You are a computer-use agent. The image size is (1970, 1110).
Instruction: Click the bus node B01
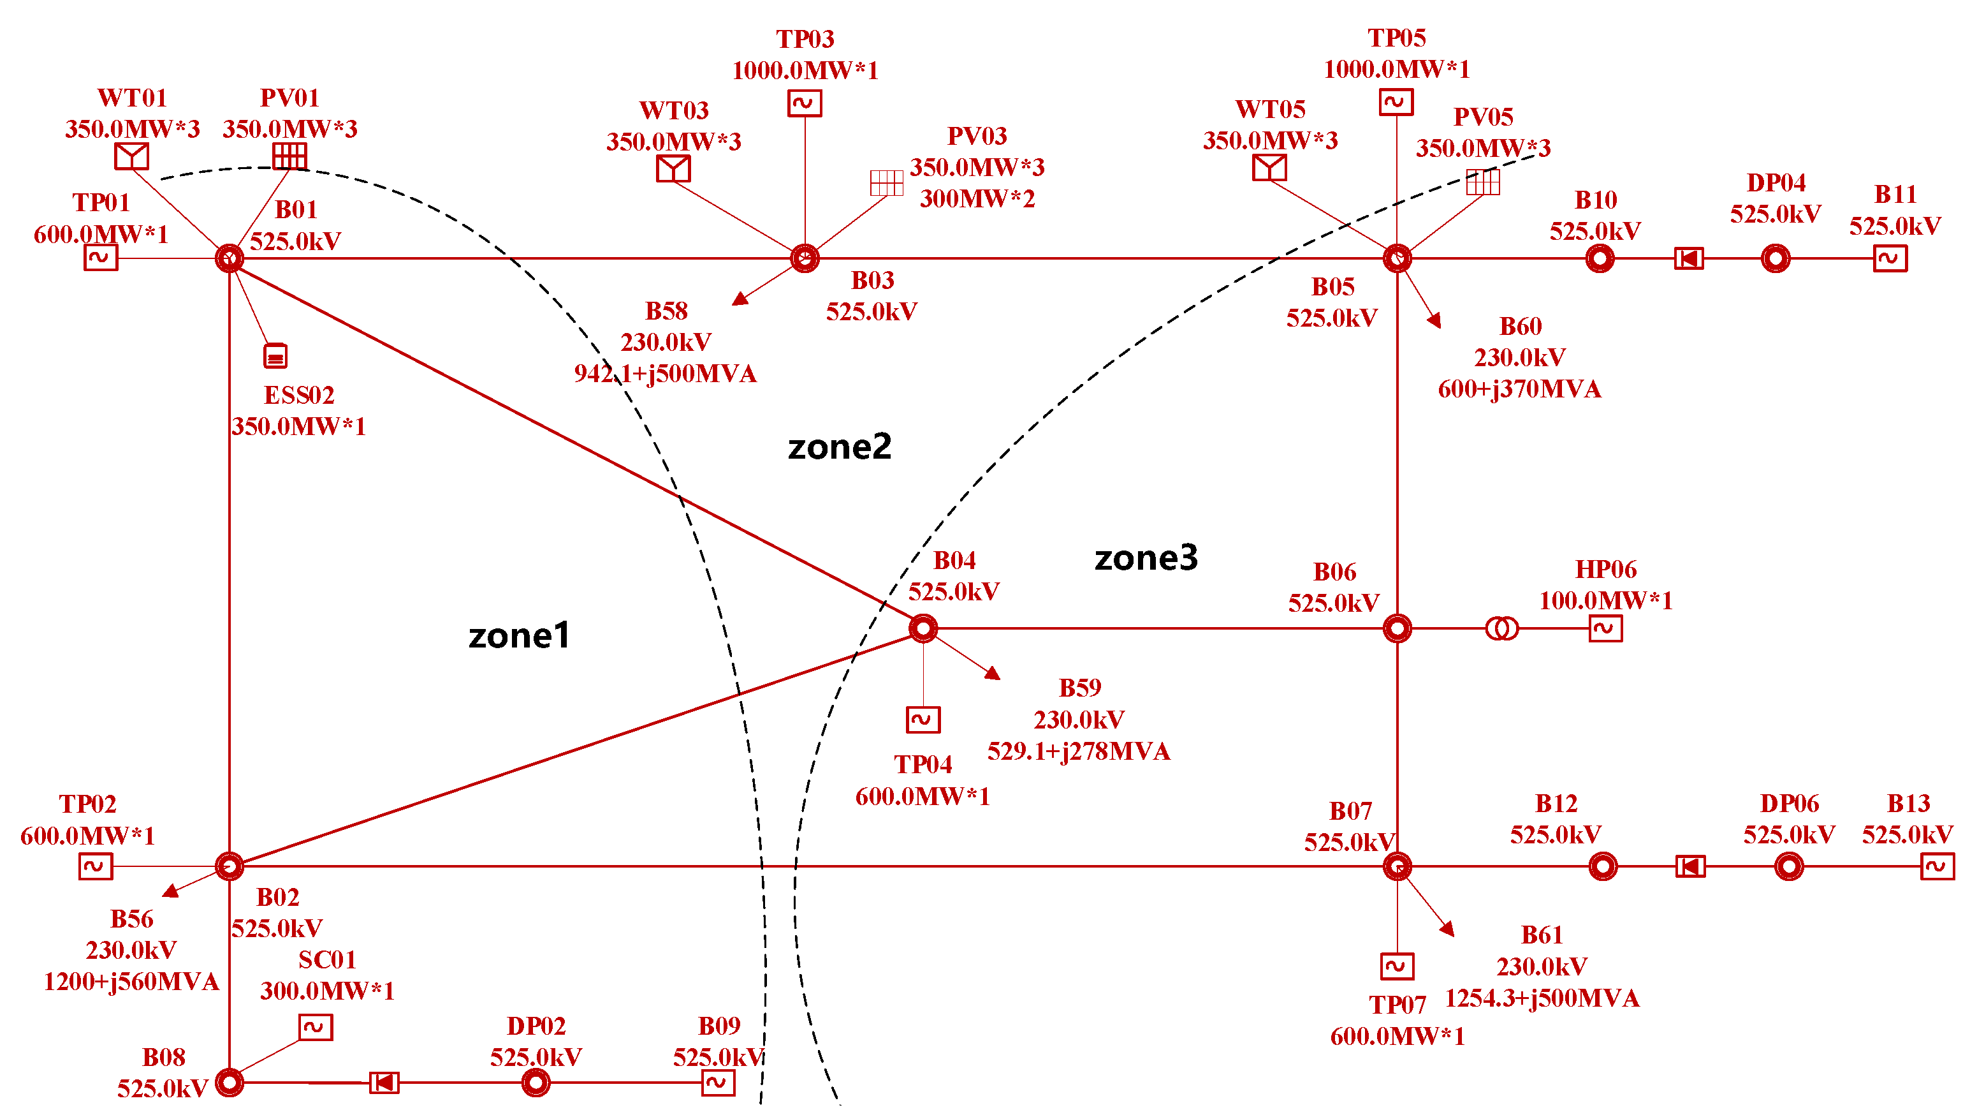[x=230, y=258]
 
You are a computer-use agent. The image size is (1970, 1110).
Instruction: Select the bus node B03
[x=805, y=258]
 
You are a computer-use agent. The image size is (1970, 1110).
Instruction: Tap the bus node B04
[x=923, y=628]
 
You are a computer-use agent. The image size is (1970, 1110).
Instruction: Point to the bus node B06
[x=1397, y=628]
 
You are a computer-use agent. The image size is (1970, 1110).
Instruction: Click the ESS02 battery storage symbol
[x=275, y=356]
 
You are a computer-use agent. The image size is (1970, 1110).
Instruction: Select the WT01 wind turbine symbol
[x=131, y=156]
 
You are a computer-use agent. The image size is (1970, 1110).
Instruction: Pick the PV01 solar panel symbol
[x=290, y=156]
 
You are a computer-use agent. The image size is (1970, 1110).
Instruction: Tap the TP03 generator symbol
[x=805, y=103]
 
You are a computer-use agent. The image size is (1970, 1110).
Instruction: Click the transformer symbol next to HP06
[x=1502, y=629]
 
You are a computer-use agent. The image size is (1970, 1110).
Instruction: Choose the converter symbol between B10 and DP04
[x=1689, y=258]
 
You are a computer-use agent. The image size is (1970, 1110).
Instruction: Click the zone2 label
[x=840, y=447]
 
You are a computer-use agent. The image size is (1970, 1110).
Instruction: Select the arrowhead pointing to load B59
[x=993, y=673]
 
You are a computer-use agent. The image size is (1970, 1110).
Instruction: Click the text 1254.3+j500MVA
[x=1542, y=998]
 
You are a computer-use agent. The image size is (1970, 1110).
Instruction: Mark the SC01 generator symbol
[x=315, y=1026]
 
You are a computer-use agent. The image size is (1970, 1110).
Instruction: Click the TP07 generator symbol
[x=1397, y=966]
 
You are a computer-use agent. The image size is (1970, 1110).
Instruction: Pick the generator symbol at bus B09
[x=718, y=1083]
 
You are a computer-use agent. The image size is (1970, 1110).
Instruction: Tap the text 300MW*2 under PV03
[x=977, y=199]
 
